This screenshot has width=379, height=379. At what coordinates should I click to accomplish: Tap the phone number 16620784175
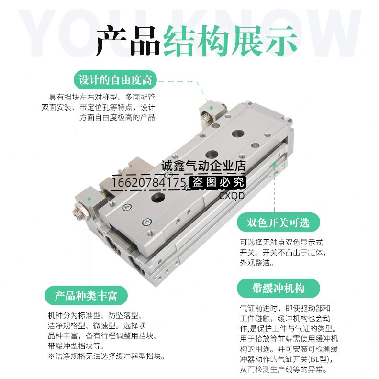149,182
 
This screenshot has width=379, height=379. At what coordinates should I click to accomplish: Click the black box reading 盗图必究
218,182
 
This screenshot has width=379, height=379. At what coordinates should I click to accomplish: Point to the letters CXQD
232,195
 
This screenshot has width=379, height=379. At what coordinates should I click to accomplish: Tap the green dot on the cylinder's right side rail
274,164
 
